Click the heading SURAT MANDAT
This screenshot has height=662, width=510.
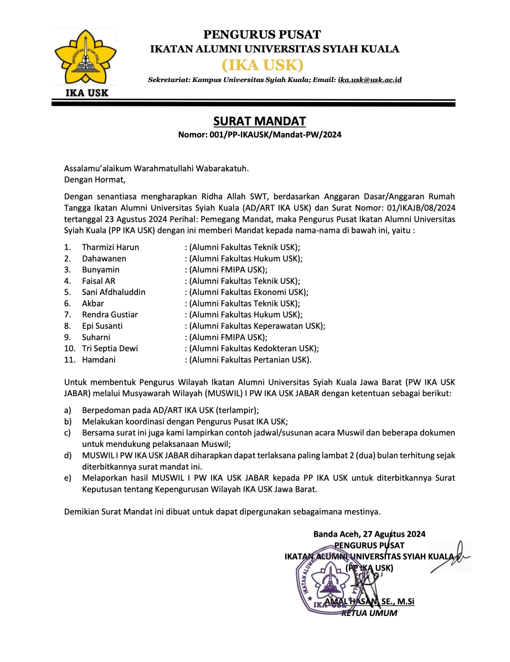[259, 121]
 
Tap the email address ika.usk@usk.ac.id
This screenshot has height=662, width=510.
[370, 80]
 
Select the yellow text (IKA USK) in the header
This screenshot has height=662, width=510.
[262, 65]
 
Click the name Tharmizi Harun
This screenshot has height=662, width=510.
[110, 247]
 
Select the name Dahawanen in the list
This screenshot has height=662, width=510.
[104, 258]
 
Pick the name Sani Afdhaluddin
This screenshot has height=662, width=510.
[114, 292]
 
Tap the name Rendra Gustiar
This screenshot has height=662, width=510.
[110, 314]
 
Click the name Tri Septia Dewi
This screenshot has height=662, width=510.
[110, 348]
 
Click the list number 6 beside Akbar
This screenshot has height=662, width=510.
[67, 303]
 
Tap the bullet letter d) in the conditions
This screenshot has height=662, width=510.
[68, 455]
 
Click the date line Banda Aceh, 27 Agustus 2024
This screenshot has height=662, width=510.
[369, 534]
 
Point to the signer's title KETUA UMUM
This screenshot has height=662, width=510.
[369, 613]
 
